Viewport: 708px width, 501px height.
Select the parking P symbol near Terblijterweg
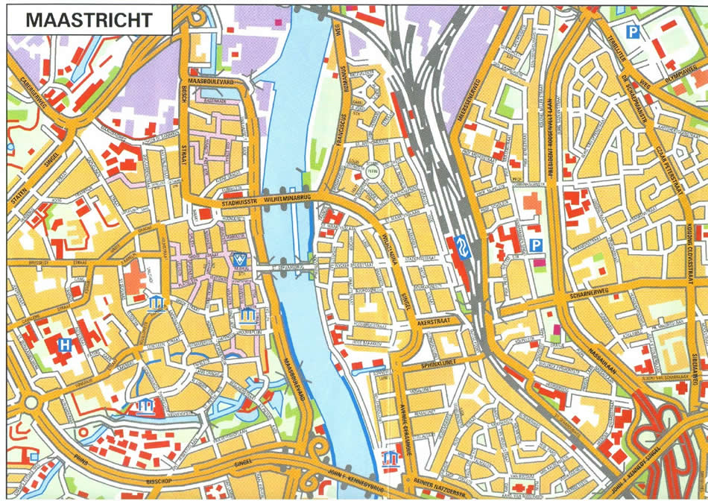[x=633, y=31]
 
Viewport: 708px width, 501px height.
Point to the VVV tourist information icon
[x=240, y=260]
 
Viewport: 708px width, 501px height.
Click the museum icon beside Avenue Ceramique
[x=390, y=457]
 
